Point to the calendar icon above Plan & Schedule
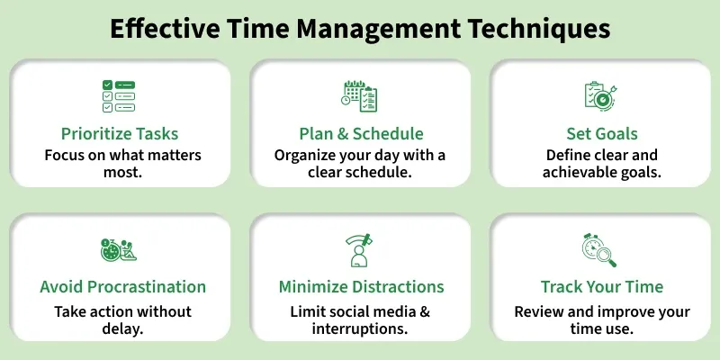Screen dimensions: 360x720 361,95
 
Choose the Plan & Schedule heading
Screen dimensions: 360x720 361,133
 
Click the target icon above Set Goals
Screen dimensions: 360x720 601,95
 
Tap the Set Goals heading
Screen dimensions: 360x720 601,133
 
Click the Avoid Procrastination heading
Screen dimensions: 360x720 122,287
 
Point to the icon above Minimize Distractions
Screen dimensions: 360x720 361,249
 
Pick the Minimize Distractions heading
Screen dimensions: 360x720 361,287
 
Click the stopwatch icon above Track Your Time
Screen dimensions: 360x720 600,249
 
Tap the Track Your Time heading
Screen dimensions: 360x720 601,287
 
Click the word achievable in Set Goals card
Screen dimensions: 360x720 581,171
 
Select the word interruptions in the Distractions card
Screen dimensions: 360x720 361,328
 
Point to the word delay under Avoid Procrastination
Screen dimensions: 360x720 122,328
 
